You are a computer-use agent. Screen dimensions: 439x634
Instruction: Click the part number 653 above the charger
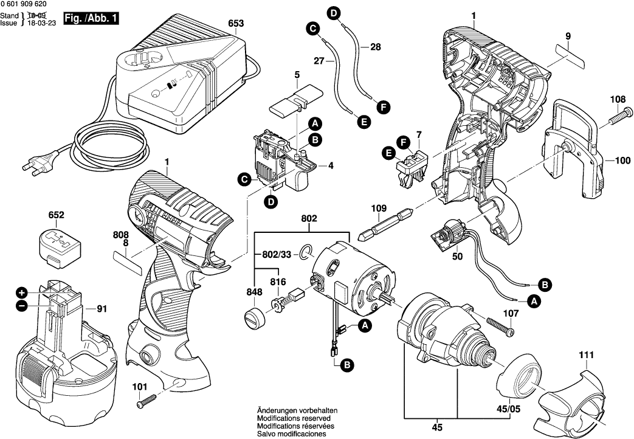236,24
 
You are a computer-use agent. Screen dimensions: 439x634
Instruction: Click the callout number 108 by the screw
618,99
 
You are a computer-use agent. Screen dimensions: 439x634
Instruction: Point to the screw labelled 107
499,324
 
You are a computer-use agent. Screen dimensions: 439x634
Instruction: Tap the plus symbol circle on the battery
22,292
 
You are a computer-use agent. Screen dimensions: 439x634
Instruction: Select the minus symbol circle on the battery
22,307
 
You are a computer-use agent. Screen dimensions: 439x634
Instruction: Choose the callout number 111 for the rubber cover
586,354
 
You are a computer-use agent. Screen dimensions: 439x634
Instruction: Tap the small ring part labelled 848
255,317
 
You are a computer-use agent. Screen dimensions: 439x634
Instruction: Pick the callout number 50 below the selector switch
457,257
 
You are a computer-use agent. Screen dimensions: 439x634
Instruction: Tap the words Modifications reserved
294,419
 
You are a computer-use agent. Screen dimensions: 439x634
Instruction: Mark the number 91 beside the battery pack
101,308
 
